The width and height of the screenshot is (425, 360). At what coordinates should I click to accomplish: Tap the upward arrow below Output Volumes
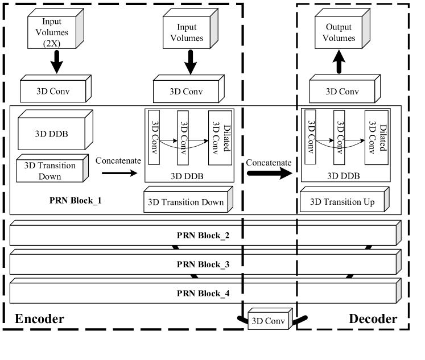[340, 61]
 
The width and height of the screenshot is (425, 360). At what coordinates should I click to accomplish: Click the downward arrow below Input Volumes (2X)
[56, 62]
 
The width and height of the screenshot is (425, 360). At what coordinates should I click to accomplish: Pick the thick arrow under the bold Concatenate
[269, 175]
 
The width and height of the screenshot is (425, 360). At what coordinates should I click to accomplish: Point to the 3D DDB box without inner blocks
[51, 134]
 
